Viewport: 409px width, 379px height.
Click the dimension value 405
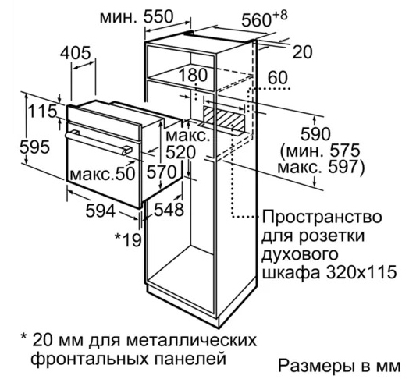pos(76,53)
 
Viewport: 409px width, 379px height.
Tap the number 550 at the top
pos(158,16)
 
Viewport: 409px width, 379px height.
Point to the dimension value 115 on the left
pos(42,112)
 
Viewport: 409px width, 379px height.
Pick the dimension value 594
pos(101,211)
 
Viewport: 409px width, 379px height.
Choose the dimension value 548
pos(169,209)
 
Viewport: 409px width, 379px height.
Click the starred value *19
pos(128,239)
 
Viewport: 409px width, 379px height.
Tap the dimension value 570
pos(162,172)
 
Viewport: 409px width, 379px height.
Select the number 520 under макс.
pos(180,152)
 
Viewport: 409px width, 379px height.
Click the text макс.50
pos(102,174)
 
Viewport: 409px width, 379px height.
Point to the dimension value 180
pos(193,75)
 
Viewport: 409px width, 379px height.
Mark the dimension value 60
pos(278,77)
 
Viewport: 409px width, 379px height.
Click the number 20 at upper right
pos(302,52)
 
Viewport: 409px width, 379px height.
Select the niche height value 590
pos(315,134)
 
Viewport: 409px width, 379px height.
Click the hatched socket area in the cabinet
pos(224,119)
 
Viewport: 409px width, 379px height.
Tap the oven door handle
pos(99,143)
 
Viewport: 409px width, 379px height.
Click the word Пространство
pos(322,218)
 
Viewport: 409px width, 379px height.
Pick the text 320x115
pos(361,272)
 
